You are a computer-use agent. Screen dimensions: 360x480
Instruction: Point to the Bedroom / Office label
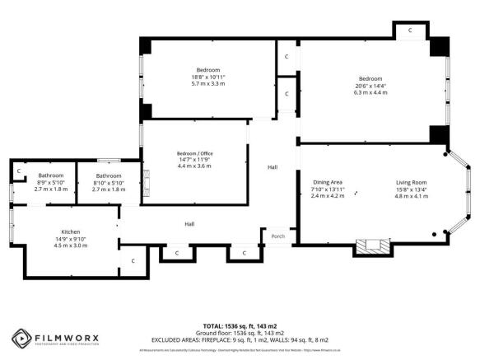point(193,153)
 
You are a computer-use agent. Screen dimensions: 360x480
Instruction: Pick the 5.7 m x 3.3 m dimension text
point(208,83)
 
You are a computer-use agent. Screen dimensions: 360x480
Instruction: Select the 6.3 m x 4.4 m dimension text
point(370,92)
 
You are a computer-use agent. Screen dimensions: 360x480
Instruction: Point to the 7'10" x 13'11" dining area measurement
point(327,189)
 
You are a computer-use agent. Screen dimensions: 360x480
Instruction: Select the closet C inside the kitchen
point(132,260)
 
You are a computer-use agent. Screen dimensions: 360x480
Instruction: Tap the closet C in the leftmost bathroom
point(17,171)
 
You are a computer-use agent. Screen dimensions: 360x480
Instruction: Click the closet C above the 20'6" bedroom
point(409,30)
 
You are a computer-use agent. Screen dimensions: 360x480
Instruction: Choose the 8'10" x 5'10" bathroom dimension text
point(108,183)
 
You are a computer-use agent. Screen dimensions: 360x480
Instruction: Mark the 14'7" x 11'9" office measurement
point(193,160)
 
